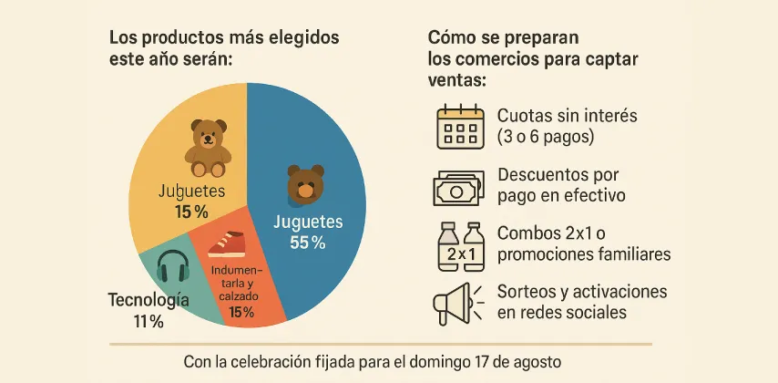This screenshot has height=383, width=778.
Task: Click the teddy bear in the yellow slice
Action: [x=208, y=148]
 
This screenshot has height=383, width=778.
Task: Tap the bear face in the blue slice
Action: [x=305, y=183]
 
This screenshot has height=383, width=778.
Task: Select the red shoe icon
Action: [x=227, y=243]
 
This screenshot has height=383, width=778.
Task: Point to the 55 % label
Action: [x=308, y=243]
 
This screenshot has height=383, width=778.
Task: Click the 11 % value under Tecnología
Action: [x=148, y=321]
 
